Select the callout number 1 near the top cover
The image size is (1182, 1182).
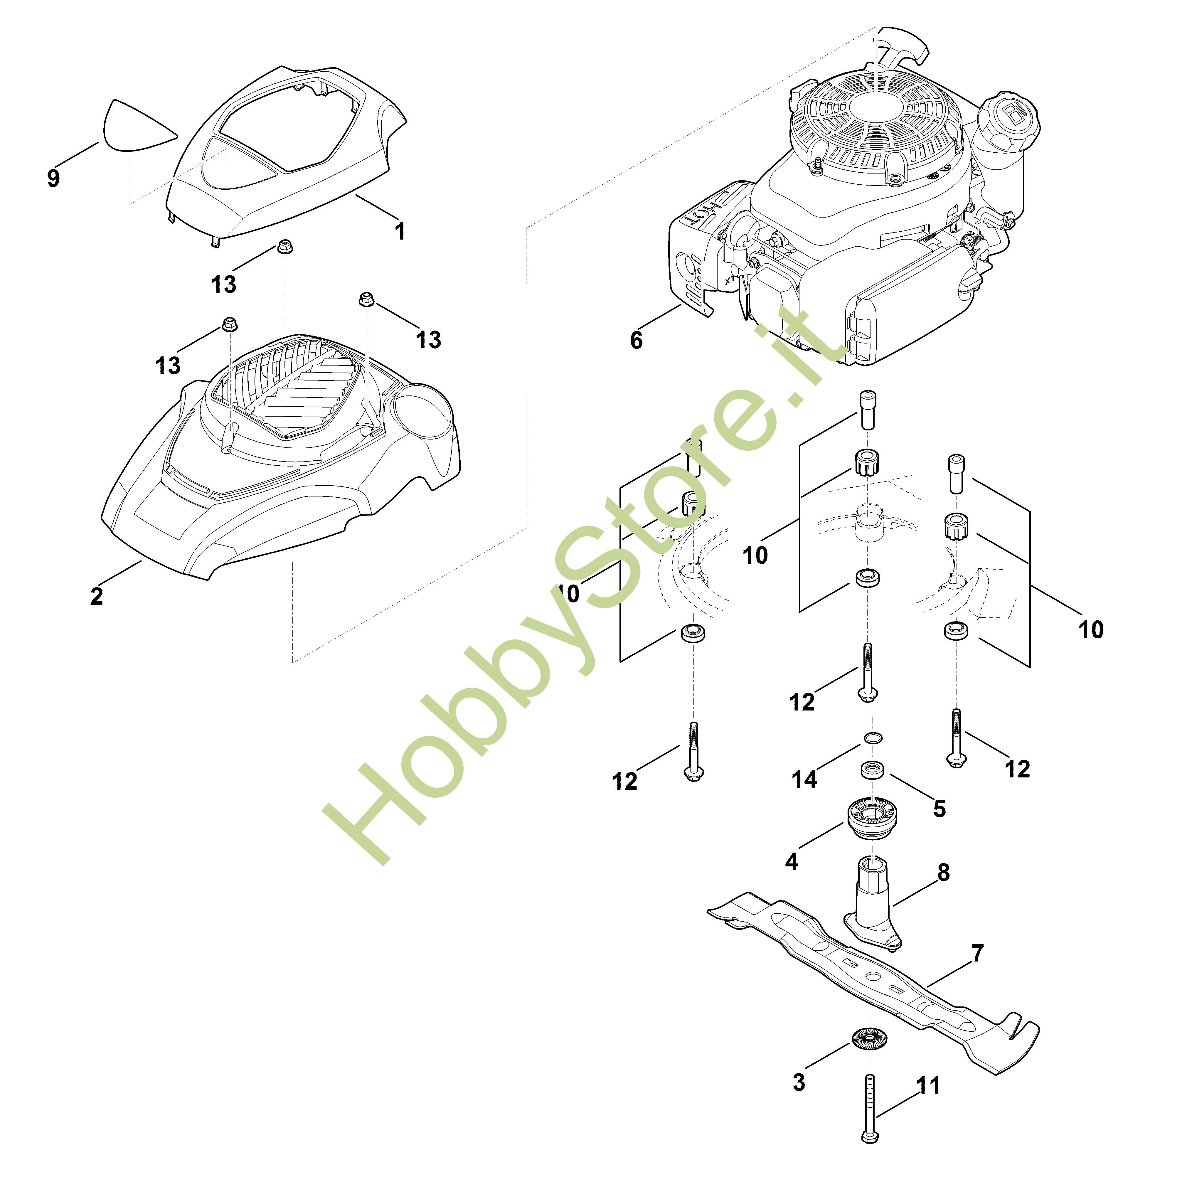(400, 231)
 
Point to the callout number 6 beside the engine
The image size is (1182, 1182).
(636, 340)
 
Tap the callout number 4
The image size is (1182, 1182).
(792, 861)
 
